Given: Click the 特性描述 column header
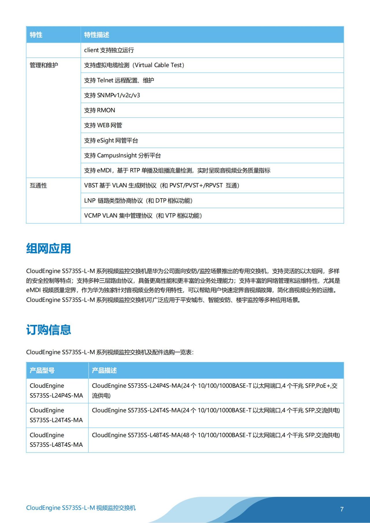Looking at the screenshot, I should [97, 35].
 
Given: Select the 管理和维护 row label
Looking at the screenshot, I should [44, 65].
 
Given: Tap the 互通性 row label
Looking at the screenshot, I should [38, 186].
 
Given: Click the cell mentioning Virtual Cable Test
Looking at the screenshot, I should [134, 65].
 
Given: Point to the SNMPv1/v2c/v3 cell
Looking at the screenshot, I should [112, 95].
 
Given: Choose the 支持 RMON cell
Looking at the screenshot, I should [100, 110].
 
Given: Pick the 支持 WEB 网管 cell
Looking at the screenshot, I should [103, 125].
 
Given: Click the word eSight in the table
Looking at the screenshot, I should [106, 141].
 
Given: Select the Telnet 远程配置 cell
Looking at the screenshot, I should [119, 81].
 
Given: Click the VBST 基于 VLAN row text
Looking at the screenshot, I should [162, 186].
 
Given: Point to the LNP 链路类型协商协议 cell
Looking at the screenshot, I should [138, 201].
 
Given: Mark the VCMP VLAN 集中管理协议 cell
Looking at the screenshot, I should [143, 216].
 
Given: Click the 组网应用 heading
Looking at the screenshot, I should [49, 249].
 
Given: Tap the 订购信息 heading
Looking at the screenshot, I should [49, 330].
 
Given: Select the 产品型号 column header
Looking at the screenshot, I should [42, 371].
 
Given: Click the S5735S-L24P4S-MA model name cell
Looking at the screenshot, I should [56, 391].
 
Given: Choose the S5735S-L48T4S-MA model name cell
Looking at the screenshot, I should [56, 440].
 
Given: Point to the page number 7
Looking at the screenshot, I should [342, 509].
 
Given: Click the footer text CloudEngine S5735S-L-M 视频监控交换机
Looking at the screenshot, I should [81, 508].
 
